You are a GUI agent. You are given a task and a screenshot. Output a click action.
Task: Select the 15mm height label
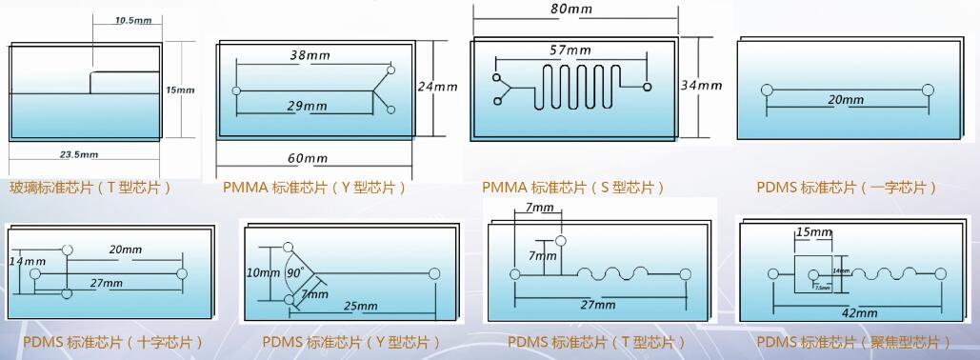[x=180, y=90]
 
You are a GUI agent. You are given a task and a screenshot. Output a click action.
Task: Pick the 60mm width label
[x=307, y=158]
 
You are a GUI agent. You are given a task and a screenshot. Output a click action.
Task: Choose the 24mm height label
[x=437, y=87]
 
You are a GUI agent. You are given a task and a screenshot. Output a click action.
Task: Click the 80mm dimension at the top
[x=571, y=9]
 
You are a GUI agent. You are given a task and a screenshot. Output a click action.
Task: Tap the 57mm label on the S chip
[x=570, y=50]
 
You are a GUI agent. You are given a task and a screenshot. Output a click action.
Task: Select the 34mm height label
[x=701, y=85]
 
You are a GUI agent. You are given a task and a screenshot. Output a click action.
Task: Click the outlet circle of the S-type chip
[x=647, y=88]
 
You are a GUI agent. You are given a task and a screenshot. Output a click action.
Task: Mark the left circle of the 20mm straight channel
[x=767, y=90]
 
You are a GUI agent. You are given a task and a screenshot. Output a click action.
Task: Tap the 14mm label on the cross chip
[x=27, y=261]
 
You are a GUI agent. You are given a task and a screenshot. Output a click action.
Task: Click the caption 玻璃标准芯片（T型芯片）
[x=91, y=188]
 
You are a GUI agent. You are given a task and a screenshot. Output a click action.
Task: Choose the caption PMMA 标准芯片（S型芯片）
[x=573, y=188]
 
